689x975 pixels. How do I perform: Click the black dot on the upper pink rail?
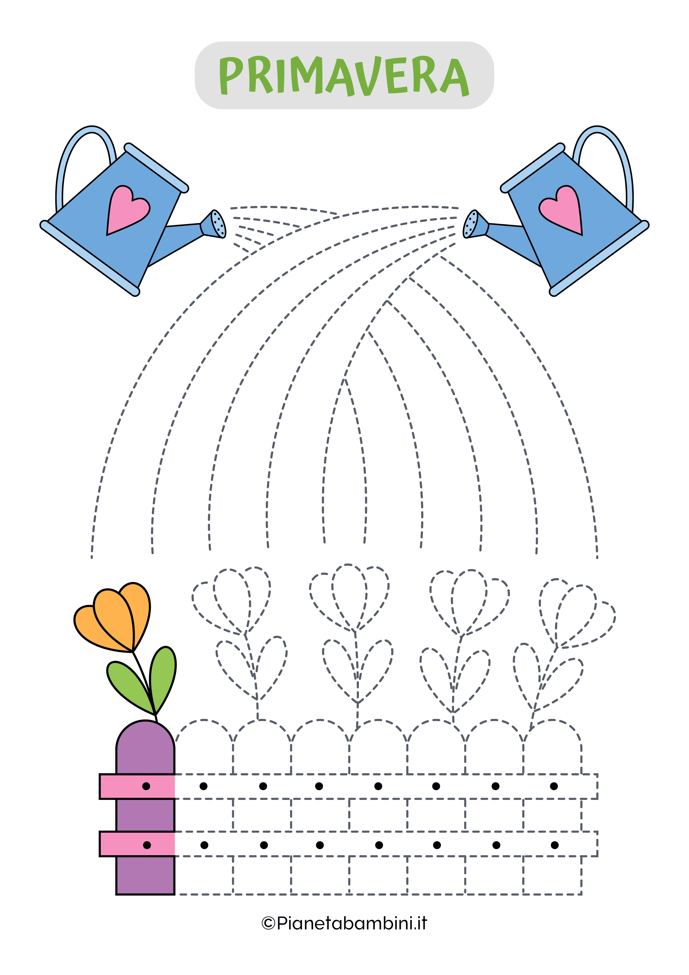[146, 786]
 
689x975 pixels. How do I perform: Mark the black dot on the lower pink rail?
[147, 845]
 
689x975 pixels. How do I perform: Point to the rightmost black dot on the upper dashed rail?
[554, 786]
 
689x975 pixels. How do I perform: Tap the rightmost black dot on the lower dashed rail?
[555, 845]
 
